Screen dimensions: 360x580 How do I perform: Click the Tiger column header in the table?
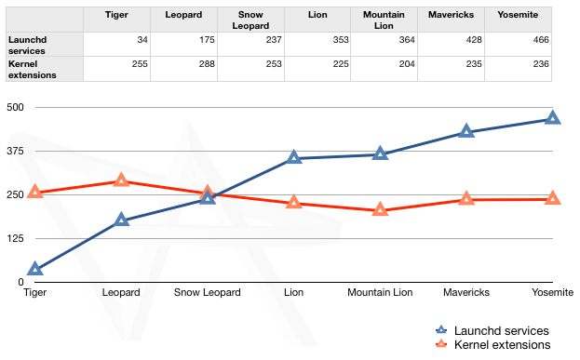[x=116, y=16]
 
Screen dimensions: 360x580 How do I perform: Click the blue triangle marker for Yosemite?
[x=553, y=118]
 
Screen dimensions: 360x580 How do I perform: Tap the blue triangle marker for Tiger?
[x=35, y=270]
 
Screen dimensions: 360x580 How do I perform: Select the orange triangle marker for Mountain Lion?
[x=380, y=210]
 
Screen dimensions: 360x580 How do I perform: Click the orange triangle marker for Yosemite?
[x=553, y=199]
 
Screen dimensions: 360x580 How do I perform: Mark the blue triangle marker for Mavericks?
[x=466, y=132]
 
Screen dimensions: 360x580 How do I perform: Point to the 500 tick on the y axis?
[x=15, y=107]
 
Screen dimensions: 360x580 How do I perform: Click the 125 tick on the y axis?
[x=15, y=238]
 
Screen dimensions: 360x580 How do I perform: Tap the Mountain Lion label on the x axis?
[x=380, y=292]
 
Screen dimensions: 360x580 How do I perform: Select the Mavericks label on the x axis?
[x=465, y=292]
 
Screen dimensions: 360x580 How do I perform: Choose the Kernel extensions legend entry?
[x=503, y=345]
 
